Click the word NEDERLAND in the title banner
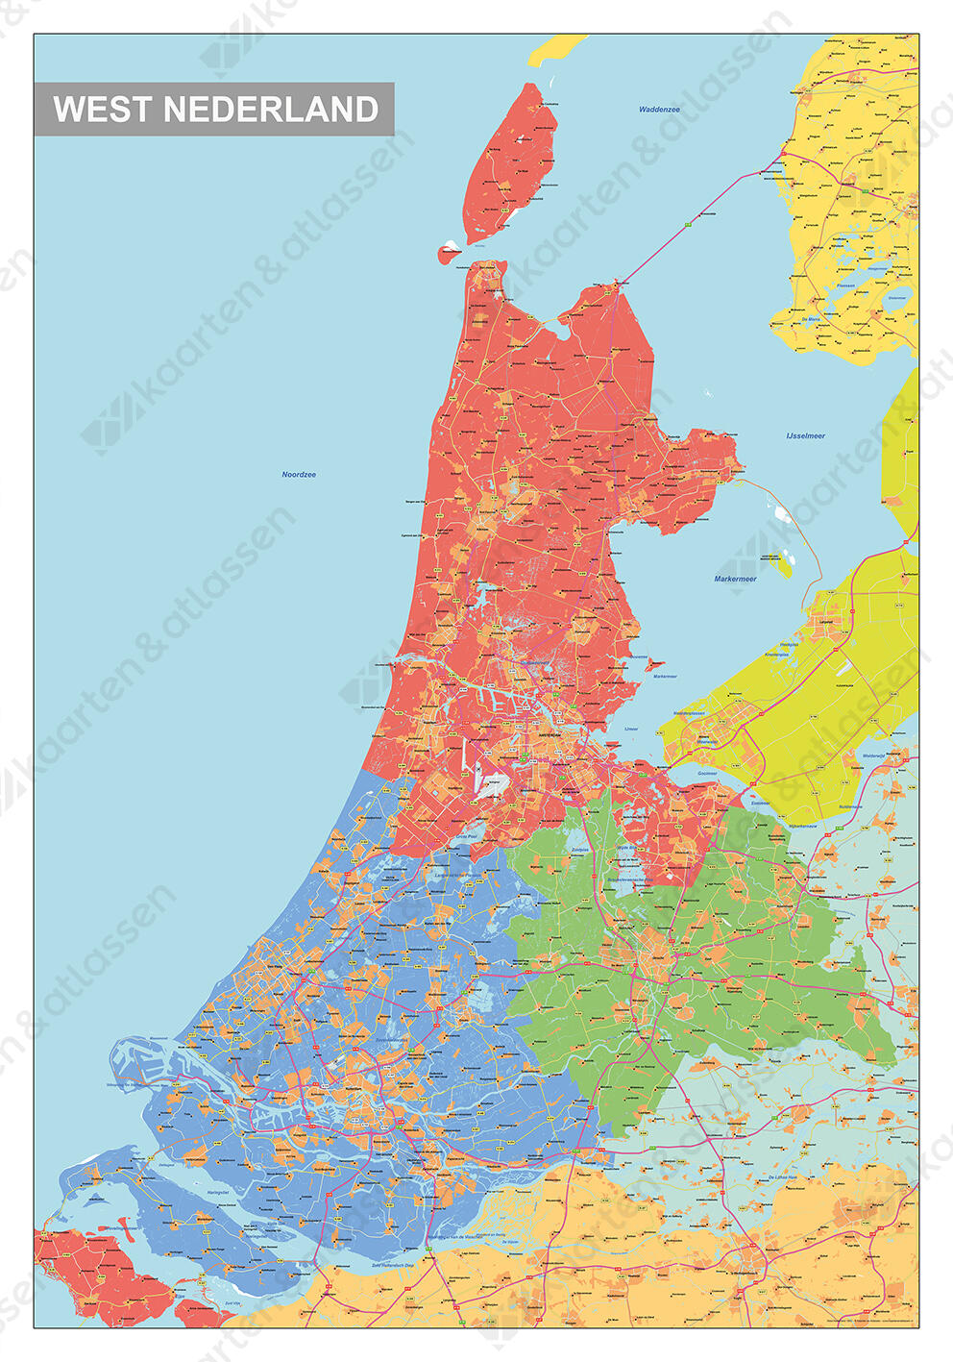pyautogui.click(x=271, y=110)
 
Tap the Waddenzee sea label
pyautogui.click(x=659, y=110)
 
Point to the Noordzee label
pyautogui.click(x=299, y=475)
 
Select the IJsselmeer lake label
pyautogui.click(x=805, y=436)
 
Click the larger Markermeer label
pyautogui.click(x=735, y=580)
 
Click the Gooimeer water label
pyautogui.click(x=707, y=774)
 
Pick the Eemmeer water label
pyautogui.click(x=760, y=804)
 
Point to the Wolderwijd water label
pyautogui.click(x=873, y=756)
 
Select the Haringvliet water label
pyautogui.click(x=218, y=1192)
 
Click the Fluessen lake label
pyautogui.click(x=845, y=285)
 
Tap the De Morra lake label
pyautogui.click(x=810, y=319)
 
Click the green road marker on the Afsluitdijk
pyautogui.click(x=689, y=224)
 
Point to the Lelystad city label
pyautogui.click(x=825, y=623)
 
